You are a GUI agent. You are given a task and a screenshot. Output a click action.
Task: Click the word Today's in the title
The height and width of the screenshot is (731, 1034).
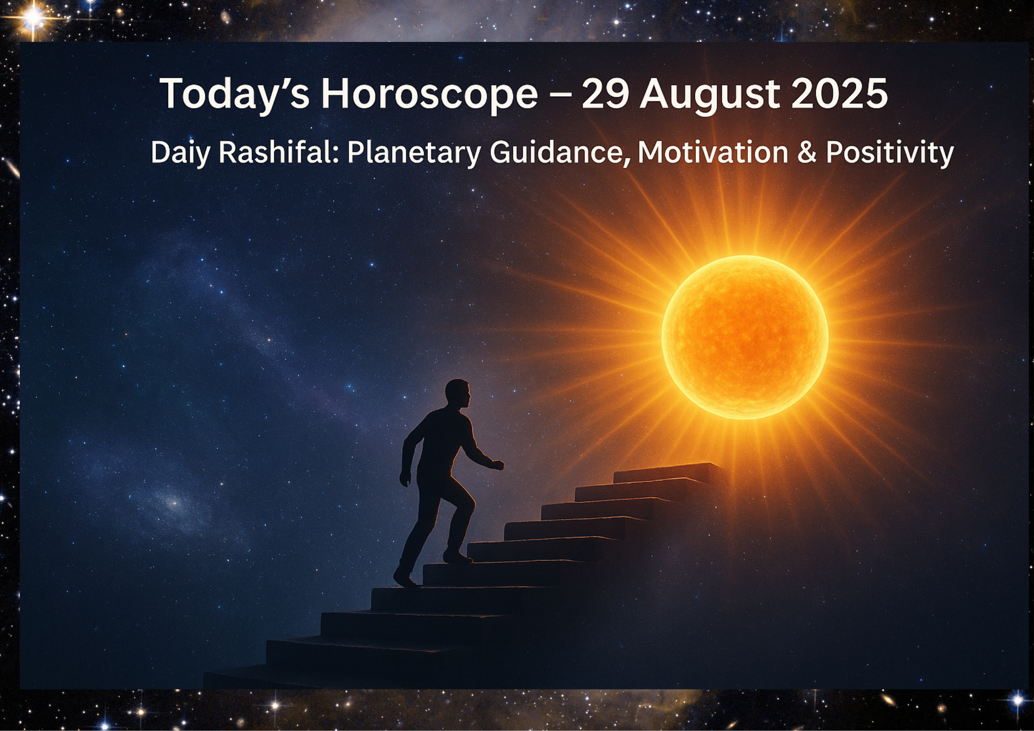[236, 94]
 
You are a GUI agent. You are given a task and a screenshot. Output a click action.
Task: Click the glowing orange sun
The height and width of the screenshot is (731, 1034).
[745, 337]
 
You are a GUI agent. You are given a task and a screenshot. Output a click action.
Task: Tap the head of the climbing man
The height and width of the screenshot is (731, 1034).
[458, 394]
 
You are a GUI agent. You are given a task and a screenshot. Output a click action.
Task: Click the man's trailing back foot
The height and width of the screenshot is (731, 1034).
[404, 577]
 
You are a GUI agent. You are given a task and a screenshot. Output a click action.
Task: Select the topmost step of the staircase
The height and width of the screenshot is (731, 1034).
[668, 473]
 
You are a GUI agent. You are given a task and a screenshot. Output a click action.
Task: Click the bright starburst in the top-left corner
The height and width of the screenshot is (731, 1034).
[33, 18]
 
